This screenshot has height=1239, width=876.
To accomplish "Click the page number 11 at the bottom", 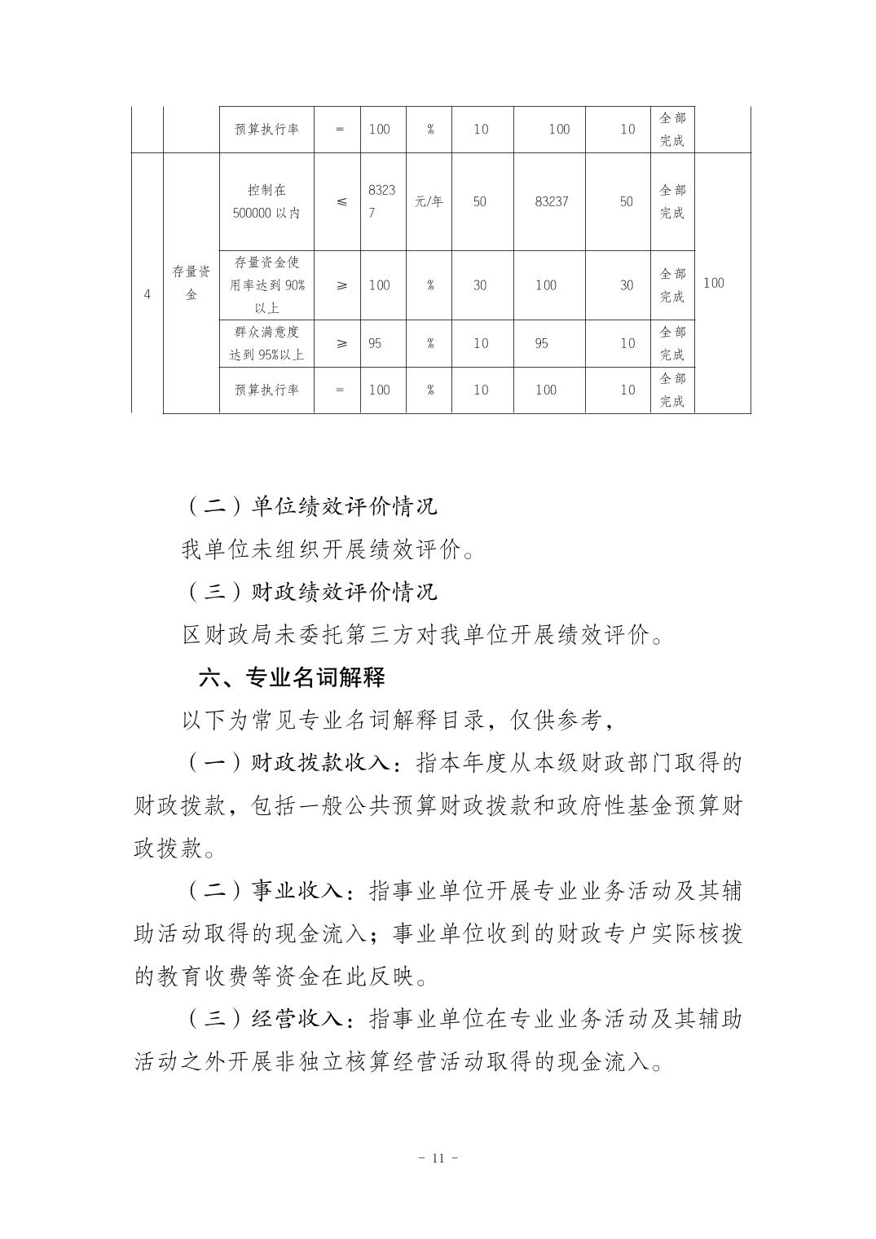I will tap(438, 1157).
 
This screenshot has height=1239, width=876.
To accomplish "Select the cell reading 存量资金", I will tap(191, 283).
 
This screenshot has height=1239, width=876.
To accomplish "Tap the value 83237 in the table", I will tap(551, 201).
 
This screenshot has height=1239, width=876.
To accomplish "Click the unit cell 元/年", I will tap(429, 201).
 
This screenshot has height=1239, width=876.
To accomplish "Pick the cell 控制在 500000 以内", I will tap(266, 201).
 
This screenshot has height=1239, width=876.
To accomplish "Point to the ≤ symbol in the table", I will tap(341, 201).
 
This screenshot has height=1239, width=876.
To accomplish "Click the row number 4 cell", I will tap(147, 294).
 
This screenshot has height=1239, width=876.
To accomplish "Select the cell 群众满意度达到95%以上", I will tap(266, 343).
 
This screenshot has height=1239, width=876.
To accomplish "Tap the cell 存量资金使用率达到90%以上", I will tap(266, 285).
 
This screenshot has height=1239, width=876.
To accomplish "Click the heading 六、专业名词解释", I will tap(292, 677).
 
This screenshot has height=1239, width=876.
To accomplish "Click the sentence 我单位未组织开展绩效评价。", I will tap(328, 549).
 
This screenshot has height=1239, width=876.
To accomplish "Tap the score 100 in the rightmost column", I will tap(713, 283).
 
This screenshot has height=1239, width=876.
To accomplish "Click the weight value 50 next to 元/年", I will tap(479, 201).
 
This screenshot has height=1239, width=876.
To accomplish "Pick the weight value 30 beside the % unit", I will tap(480, 285).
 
